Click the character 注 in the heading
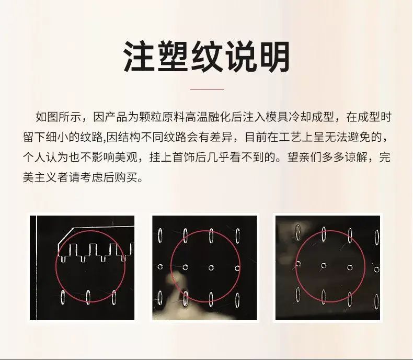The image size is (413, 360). [140, 57]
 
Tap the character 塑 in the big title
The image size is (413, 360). [174, 57]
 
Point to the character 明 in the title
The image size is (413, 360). [274, 57]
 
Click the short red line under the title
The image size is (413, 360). [207, 89]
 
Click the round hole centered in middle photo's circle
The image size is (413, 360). [211, 268]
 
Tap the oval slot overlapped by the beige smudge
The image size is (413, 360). [186, 299]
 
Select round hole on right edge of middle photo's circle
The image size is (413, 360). [237, 268]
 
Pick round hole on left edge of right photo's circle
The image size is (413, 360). [299, 264]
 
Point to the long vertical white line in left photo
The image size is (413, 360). [37, 268]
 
